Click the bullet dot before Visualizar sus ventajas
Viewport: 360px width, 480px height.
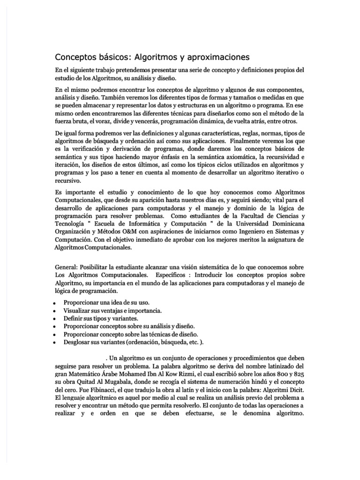[x=56, y=311]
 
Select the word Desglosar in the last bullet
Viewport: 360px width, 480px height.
[x=78, y=342]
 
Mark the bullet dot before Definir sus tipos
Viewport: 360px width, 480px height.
[x=56, y=318]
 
